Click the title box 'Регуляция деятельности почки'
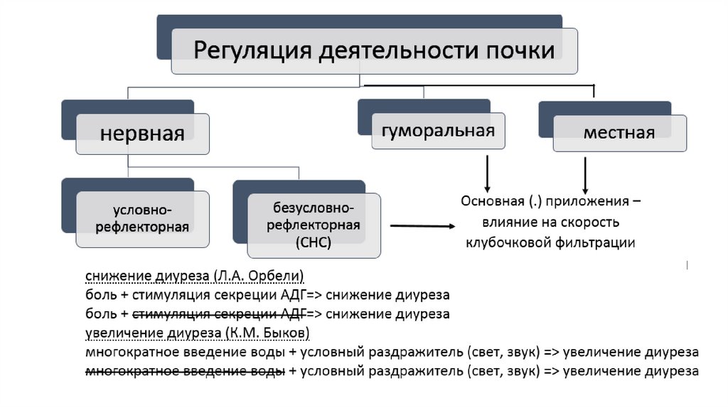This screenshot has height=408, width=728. click(374, 51)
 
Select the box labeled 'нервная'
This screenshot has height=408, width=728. click(142, 134)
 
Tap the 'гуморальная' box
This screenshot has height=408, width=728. click(438, 130)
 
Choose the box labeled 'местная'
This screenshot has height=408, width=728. click(619, 133)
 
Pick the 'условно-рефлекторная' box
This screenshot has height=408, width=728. click(142, 218)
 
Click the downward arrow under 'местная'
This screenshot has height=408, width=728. click(584, 173)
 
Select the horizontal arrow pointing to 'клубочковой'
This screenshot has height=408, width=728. click(422, 227)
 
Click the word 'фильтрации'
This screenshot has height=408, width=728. click(601, 242)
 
